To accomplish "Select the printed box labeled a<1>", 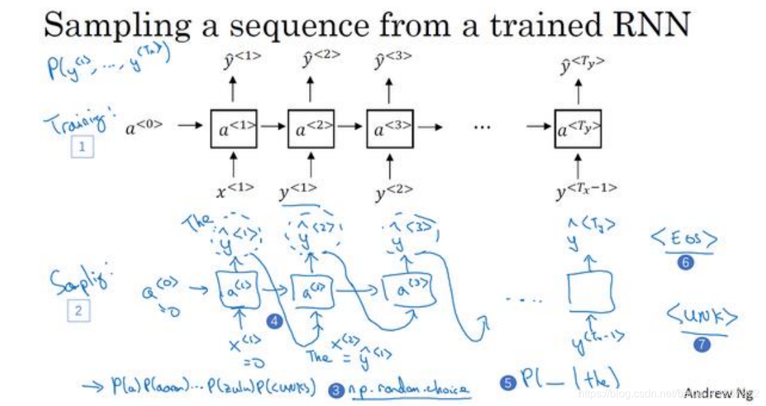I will click(x=233, y=127).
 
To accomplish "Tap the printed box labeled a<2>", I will click(x=311, y=127).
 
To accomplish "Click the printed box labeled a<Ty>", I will click(x=578, y=127).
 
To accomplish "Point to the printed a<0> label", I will click(x=144, y=126).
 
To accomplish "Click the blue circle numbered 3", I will click(x=336, y=390).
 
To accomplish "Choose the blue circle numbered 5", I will click(x=506, y=384).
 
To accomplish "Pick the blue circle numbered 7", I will click(x=701, y=344).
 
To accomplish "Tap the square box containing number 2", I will click(x=78, y=311).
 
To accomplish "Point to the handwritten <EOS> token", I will click(x=684, y=240).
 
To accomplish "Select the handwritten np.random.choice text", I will click(x=409, y=389).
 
